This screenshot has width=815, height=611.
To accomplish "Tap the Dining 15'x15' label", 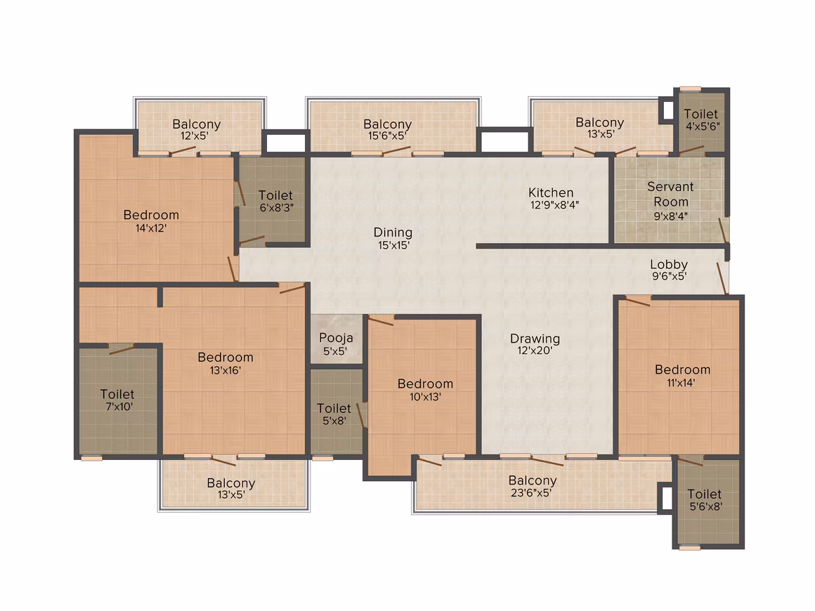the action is pyautogui.click(x=393, y=239).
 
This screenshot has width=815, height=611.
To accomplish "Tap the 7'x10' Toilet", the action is pyautogui.click(x=118, y=400).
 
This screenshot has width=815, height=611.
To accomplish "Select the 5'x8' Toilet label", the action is pyautogui.click(x=334, y=414).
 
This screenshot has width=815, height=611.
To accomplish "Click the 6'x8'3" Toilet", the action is pyautogui.click(x=276, y=201).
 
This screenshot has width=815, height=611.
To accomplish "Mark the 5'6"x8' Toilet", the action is pyautogui.click(x=705, y=500).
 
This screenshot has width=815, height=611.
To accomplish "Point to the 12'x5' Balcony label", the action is pyautogui.click(x=197, y=129).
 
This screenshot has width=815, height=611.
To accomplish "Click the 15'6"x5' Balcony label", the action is pyautogui.click(x=388, y=129).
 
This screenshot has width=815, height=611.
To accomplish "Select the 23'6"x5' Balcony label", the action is pyautogui.click(x=533, y=486).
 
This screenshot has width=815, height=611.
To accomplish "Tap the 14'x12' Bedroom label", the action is pyautogui.click(x=151, y=221).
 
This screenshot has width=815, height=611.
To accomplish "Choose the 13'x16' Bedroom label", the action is pyautogui.click(x=226, y=363).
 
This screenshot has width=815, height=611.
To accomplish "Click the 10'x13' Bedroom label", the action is pyautogui.click(x=425, y=390).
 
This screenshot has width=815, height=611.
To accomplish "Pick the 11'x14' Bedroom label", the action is pyautogui.click(x=682, y=376).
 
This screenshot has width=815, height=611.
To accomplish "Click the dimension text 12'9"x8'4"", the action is pyautogui.click(x=554, y=205).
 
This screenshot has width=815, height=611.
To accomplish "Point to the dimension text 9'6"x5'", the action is pyautogui.click(x=670, y=277).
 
